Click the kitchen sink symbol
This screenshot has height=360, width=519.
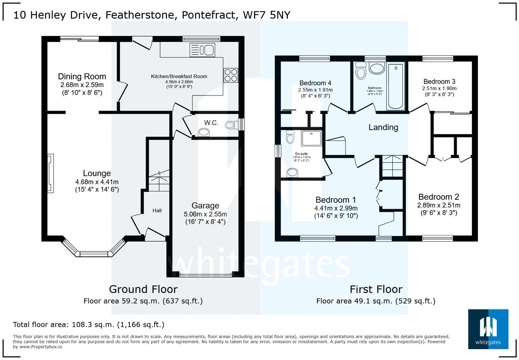(x=202, y=50)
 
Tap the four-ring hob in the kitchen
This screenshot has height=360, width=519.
(x=231, y=75)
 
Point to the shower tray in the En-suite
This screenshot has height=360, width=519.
(x=311, y=138)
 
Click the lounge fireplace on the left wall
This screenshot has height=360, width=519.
(x=50, y=173)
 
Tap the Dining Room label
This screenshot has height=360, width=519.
(x=82, y=76)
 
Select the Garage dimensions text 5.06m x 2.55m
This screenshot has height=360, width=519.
(x=205, y=214)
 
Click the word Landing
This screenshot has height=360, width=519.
(x=383, y=127)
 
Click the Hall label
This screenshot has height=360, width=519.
(x=157, y=210)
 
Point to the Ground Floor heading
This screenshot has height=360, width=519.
(x=143, y=289)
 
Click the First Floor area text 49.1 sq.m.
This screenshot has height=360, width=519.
(x=376, y=301)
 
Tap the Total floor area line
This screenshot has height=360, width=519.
(x=88, y=325)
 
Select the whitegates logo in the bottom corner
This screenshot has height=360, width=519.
(x=488, y=329)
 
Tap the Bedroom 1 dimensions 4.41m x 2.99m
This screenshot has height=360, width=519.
(x=336, y=208)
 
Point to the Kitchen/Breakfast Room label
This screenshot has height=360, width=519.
(x=179, y=76)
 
